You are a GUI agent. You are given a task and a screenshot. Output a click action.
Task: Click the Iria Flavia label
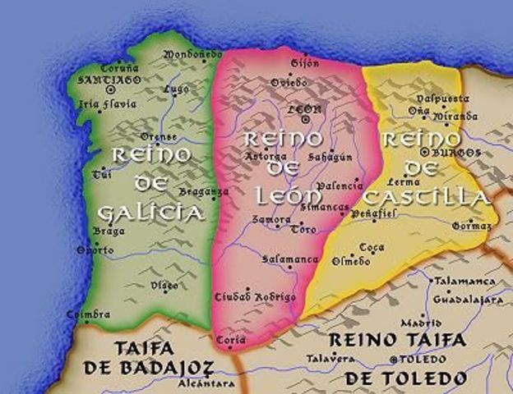pos(101,104)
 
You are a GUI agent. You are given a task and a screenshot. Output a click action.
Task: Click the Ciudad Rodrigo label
pos(244,295)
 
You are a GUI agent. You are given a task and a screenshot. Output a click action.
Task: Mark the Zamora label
pos(272,220)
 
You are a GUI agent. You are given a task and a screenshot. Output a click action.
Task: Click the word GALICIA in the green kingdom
pos(150,213)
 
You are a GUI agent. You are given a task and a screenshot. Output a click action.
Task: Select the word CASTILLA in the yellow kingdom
pos(427,198)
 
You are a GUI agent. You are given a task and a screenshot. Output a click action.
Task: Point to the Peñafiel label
pos(374,213)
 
